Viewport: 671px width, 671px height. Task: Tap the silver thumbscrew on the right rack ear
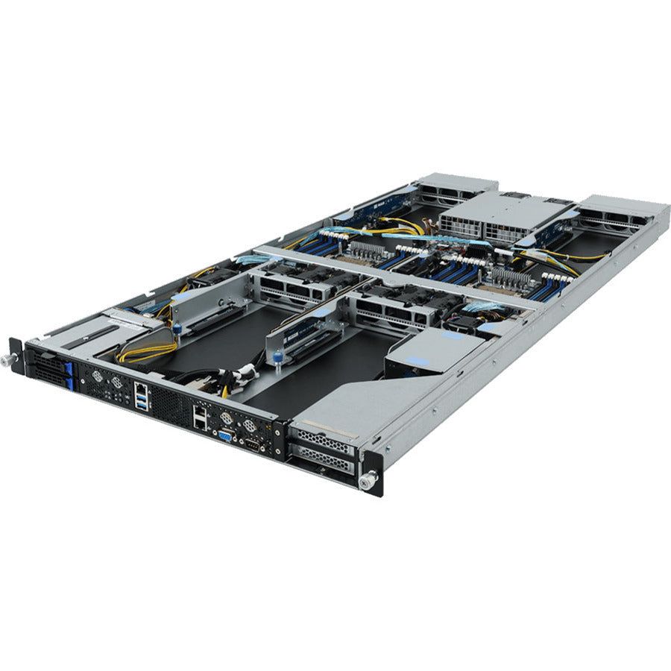coord(366,482)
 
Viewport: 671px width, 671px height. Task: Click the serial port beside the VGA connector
coord(253,446)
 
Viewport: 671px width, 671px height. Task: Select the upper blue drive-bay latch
coord(67,368)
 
